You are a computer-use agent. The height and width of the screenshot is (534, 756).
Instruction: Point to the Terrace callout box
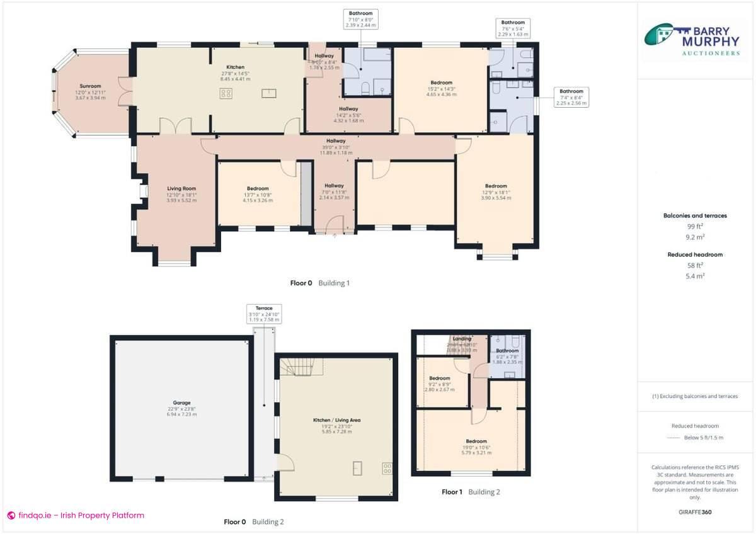pos(264,314)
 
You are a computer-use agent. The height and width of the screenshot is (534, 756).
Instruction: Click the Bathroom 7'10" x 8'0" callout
pos(361,20)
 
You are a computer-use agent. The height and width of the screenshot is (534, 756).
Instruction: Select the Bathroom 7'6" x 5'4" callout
pos(512,28)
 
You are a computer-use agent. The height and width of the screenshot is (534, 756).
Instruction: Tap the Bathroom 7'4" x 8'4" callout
pos(571,97)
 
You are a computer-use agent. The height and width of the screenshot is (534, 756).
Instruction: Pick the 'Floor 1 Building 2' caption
pos(471,492)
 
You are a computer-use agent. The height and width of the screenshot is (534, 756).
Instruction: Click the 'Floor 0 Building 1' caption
pos(319,283)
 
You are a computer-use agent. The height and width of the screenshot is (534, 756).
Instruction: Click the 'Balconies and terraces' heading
pos(695,215)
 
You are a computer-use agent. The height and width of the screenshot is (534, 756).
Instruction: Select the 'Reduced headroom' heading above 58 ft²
pos(695,254)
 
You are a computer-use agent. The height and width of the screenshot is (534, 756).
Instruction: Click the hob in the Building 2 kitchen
pos(387,468)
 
